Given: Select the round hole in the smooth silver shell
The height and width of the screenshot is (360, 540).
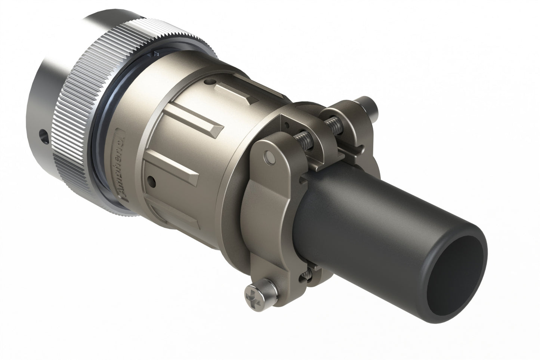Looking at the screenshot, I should click(x=44, y=136).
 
